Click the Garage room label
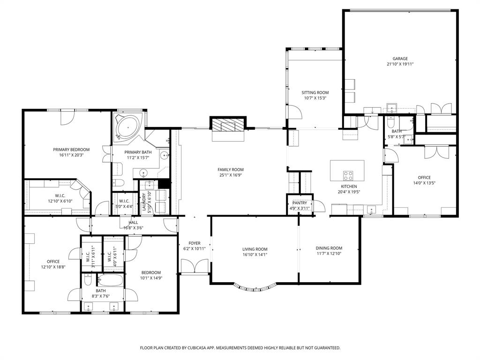coord(400,59)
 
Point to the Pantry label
coord(300,203)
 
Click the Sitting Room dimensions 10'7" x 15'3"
coord(315,98)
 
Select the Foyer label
coord(195,243)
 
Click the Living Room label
coord(255,249)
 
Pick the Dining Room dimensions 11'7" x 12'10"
coord(329,254)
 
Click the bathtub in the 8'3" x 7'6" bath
coord(110,281)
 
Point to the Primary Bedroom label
coord(71,150)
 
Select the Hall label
coord(133,222)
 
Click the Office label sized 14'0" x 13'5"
coord(424,178)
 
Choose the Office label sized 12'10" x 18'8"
coord(53,262)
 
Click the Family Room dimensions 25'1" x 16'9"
coord(230,175)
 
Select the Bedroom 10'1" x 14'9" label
coord(151,272)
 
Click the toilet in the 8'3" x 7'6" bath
coord(88,281)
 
